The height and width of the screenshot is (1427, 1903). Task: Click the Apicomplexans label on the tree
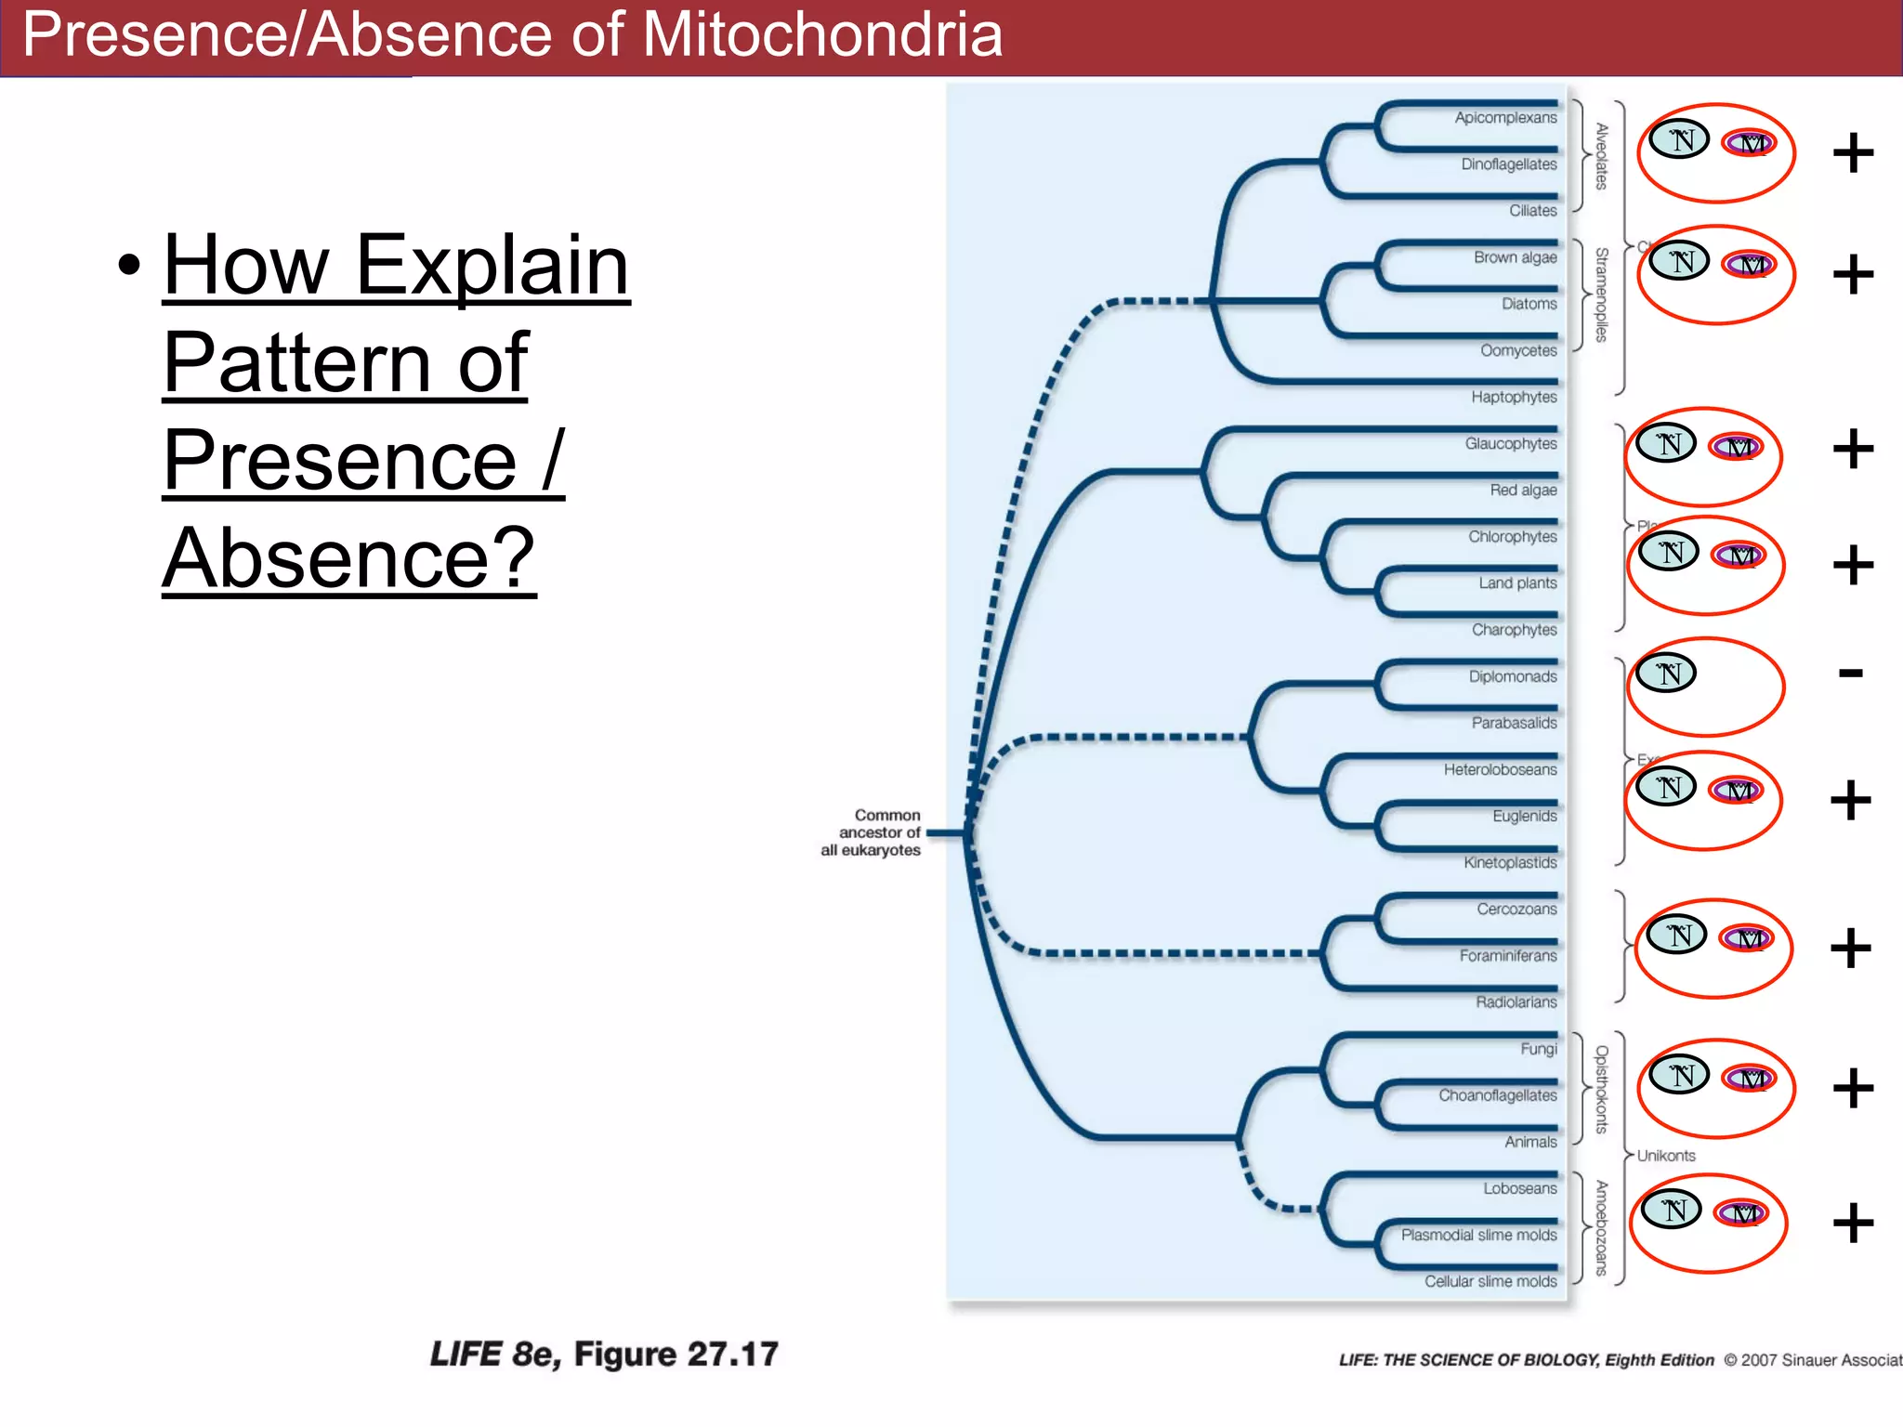[x=1504, y=118]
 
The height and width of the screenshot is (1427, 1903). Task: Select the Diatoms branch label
[x=1529, y=304]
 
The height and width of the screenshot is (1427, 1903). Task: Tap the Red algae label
[x=1523, y=490]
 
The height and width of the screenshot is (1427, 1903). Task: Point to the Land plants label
[x=1517, y=583]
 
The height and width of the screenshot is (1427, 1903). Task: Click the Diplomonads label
[x=1512, y=676]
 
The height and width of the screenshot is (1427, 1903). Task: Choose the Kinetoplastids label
[x=1509, y=862]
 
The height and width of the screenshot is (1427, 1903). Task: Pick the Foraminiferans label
[x=1507, y=955]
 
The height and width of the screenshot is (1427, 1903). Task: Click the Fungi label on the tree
[x=1538, y=1049]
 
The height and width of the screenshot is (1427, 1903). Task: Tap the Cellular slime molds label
[x=1490, y=1281]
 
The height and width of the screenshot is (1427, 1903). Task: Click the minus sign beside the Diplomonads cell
[x=1850, y=673]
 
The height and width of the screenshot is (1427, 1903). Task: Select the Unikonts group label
[x=1665, y=1156]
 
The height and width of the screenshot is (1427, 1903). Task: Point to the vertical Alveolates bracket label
[x=1601, y=156]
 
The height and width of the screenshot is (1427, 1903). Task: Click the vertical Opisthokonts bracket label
[x=1601, y=1089]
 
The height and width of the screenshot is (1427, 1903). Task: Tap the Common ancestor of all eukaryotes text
[x=872, y=832]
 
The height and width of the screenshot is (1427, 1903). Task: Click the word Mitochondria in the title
[x=821, y=35]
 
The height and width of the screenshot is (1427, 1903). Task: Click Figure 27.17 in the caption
[x=676, y=1355]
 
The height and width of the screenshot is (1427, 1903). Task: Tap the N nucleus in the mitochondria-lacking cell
[x=1667, y=673]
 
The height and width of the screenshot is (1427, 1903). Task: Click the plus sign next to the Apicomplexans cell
[x=1853, y=153]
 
